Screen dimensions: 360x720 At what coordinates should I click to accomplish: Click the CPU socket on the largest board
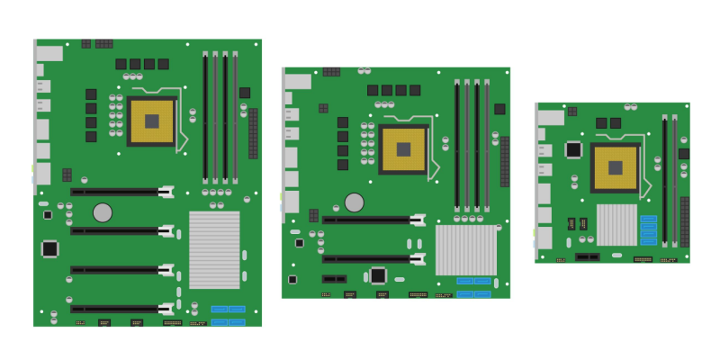tap(152, 121)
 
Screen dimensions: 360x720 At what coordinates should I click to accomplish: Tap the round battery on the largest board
tap(103, 212)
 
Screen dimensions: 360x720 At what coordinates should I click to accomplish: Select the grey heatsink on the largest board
tap(214, 249)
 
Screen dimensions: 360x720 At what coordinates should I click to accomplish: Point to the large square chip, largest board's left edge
tap(50, 247)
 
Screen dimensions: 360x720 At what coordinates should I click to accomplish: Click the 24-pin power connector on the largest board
tap(253, 133)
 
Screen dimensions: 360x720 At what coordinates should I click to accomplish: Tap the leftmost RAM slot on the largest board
tap(205, 117)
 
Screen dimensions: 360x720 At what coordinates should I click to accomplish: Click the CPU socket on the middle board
tap(404, 148)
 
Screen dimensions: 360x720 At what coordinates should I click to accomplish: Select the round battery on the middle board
tap(355, 202)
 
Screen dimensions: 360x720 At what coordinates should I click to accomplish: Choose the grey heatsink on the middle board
tap(465, 249)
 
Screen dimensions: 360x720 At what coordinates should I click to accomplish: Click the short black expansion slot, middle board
tap(334, 278)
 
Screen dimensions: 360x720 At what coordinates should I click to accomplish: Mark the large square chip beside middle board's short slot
tap(379, 275)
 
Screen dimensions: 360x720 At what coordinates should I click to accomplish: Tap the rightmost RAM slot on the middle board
tap(487, 144)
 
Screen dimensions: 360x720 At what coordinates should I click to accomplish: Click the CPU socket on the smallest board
tap(616, 167)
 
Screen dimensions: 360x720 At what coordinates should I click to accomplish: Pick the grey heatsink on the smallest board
tap(616, 224)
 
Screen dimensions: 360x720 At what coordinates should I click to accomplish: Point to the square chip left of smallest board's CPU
tap(573, 149)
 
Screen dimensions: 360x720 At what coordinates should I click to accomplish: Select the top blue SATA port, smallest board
tap(649, 219)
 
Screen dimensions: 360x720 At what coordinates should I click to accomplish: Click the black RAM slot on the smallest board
tap(665, 180)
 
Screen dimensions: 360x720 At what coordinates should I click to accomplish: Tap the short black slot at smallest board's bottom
tap(587, 256)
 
